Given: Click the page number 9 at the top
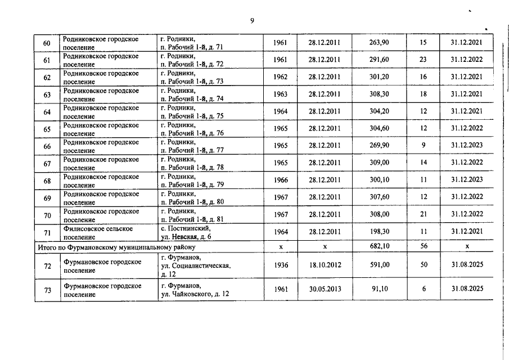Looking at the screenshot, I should (x=253, y=21).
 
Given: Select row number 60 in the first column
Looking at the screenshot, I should (x=47, y=43).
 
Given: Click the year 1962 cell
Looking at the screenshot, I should (x=280, y=77).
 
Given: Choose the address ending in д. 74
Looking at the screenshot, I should (x=192, y=94).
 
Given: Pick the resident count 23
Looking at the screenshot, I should (x=424, y=60).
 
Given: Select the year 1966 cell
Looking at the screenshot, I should (x=280, y=180).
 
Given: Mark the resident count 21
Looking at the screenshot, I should (x=424, y=214).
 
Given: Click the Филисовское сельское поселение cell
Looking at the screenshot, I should (x=98, y=232).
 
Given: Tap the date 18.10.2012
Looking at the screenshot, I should (x=325, y=265).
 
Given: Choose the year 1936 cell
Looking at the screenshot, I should (x=280, y=265).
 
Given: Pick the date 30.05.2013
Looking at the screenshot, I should (x=325, y=289).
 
